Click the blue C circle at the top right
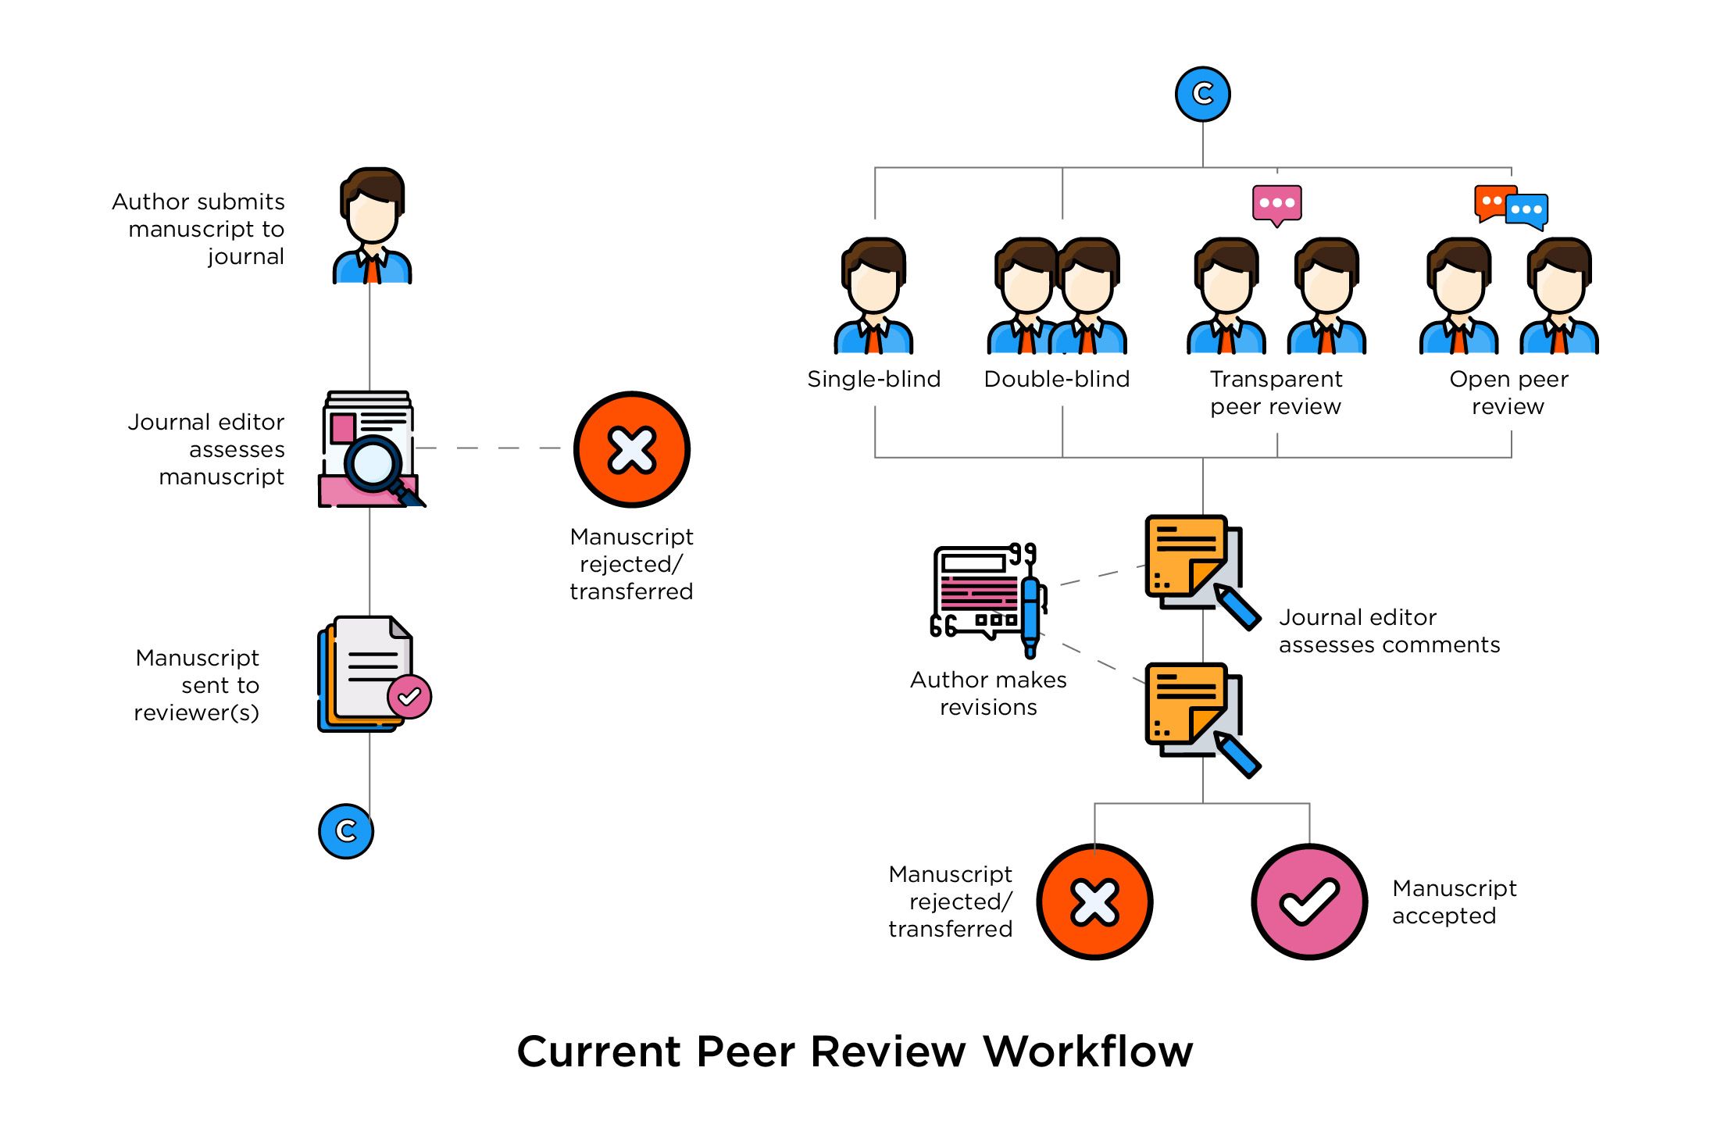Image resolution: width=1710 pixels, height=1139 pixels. click(1202, 94)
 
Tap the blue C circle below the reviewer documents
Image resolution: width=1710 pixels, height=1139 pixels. click(345, 831)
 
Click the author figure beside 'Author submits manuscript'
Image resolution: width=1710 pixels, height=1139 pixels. click(372, 227)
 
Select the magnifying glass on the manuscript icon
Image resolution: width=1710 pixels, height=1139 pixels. click(373, 464)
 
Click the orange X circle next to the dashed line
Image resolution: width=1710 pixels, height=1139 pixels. click(631, 449)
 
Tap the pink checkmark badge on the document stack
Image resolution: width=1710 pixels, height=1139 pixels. click(409, 696)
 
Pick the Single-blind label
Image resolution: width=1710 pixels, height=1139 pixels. click(873, 380)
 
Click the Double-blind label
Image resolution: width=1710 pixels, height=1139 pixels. click(1056, 380)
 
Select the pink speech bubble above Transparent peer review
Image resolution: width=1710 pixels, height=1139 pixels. click(1276, 204)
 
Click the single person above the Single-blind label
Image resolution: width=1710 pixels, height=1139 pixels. click(873, 297)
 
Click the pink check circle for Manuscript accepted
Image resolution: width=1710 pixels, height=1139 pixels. click(1309, 902)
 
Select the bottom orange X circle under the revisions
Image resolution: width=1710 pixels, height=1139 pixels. click(1094, 902)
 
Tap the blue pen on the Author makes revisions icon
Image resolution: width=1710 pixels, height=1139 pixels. click(1030, 617)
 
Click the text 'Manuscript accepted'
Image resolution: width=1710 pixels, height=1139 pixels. click(1453, 902)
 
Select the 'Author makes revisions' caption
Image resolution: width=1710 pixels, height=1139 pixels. click(988, 693)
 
